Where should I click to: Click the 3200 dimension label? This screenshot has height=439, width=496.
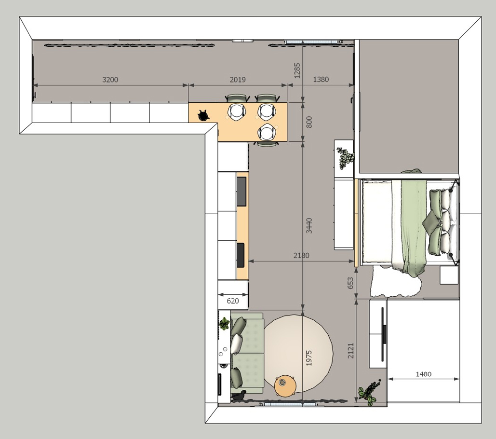[x=110, y=80]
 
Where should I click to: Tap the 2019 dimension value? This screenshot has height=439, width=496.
[x=238, y=80]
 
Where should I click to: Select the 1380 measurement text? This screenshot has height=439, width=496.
[x=321, y=80]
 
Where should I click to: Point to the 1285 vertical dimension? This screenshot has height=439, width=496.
[x=297, y=70]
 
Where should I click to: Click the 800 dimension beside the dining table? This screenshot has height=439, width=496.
[x=309, y=122]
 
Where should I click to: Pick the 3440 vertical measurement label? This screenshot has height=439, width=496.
[x=309, y=226]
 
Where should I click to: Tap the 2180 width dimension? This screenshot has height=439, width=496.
[x=301, y=255]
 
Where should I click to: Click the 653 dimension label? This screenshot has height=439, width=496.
[x=350, y=283]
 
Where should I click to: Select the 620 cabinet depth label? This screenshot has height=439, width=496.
[x=233, y=301]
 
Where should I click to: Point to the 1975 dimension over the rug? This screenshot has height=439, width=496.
[x=309, y=358]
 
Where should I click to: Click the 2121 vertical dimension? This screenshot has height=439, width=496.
[x=351, y=351]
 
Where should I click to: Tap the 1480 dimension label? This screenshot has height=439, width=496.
[x=423, y=374]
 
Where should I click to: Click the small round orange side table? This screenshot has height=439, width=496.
[x=285, y=386]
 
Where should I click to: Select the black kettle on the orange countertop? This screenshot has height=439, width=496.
[x=203, y=115]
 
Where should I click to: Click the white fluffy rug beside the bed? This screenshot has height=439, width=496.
[x=395, y=282]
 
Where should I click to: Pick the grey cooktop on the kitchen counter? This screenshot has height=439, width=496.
[x=241, y=192]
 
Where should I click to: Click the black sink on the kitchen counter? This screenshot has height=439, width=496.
[x=241, y=255]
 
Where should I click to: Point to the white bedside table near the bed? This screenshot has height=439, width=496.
[x=449, y=274]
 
